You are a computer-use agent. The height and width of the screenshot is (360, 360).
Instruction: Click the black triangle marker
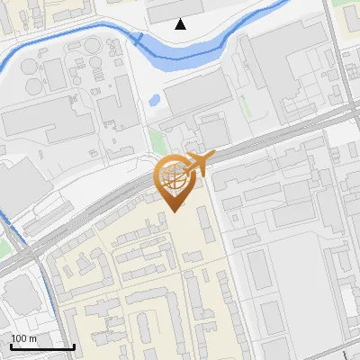[x=181, y=24]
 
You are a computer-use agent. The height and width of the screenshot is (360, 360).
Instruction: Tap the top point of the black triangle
[x=181, y=19]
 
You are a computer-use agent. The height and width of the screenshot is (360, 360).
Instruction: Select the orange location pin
[x=174, y=181]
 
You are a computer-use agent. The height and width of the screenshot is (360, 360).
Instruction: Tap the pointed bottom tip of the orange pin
[x=174, y=212]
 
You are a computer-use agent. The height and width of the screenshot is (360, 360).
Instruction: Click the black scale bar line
[x=42, y=346]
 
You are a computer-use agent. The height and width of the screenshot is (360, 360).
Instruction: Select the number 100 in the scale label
[x=19, y=338]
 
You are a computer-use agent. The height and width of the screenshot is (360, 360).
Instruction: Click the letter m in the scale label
[x=32, y=338]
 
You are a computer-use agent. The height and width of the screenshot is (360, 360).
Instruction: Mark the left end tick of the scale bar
[x=11, y=345]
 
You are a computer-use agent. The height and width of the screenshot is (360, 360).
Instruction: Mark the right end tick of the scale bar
[x=74, y=345]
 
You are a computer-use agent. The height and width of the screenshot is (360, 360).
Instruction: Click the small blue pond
[x=154, y=99]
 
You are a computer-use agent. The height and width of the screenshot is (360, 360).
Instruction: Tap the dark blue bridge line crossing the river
[x=138, y=38]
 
